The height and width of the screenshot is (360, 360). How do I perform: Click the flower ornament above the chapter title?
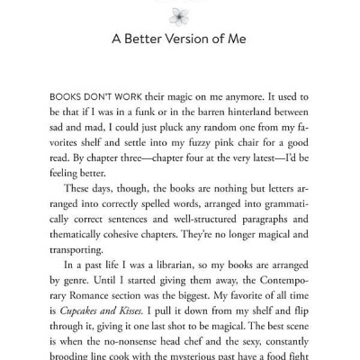point(180,7)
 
